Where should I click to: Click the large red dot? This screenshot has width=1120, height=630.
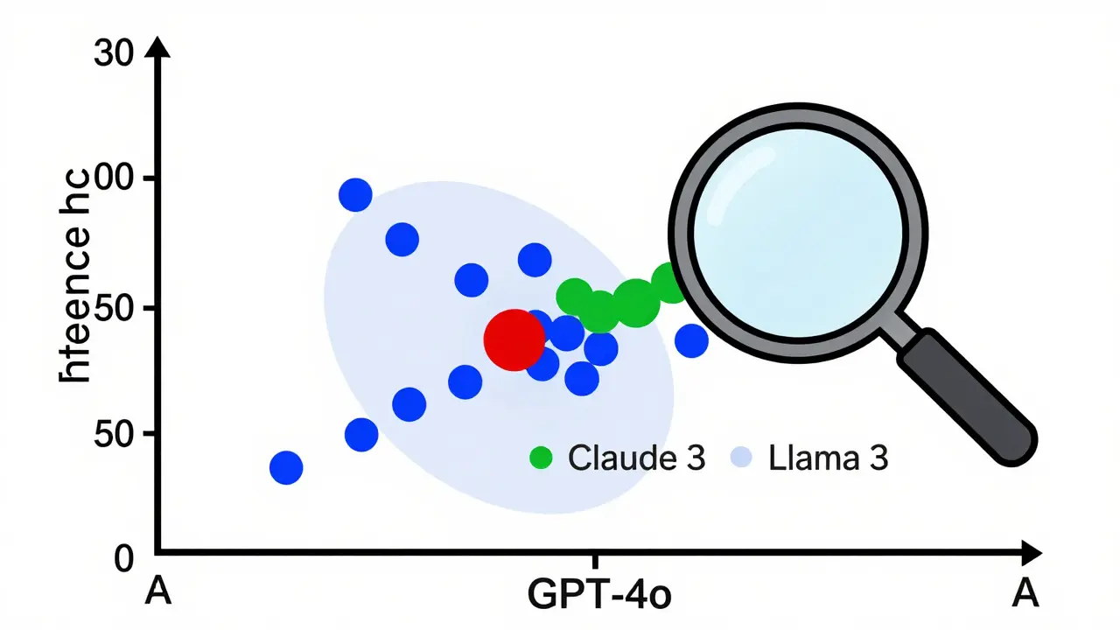[x=514, y=339]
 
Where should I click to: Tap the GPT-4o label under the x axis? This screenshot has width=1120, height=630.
[x=599, y=594]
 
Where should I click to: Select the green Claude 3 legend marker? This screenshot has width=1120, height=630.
[x=542, y=457]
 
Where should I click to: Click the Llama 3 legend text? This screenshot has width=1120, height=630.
[x=828, y=458]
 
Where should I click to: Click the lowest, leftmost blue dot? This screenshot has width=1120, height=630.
[x=286, y=468]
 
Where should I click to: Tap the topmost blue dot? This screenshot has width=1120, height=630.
[x=355, y=194]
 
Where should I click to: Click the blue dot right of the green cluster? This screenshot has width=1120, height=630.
[x=691, y=340]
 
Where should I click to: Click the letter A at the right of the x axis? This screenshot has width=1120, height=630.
[x=1024, y=593]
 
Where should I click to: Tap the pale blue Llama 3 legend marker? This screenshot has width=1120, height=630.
[x=741, y=457]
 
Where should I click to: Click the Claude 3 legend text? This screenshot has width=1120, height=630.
[x=636, y=458]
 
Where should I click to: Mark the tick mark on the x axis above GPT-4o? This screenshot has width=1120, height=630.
[x=596, y=560]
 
